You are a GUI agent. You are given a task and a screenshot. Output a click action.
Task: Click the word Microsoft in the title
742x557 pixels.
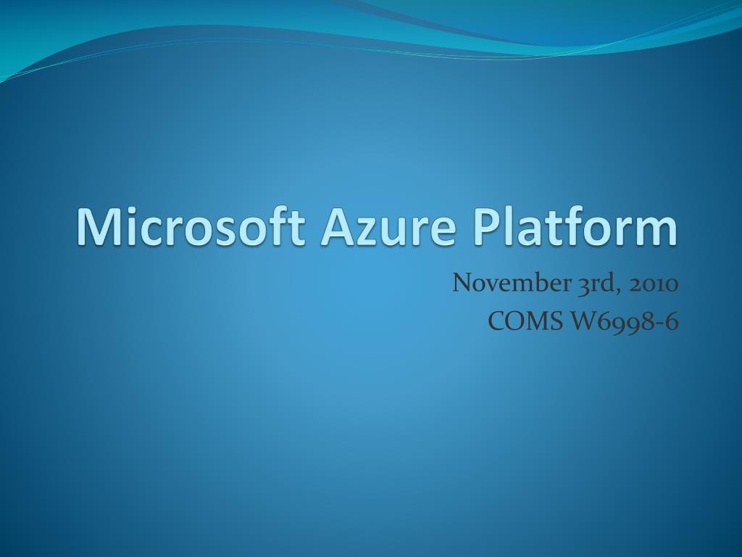(191, 226)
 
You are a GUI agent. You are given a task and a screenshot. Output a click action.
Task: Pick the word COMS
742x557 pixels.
(525, 321)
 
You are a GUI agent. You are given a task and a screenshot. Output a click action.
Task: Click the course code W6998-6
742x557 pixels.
(624, 321)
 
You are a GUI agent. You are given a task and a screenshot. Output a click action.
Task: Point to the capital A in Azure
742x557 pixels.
(338, 227)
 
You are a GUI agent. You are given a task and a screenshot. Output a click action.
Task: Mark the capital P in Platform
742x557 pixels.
(488, 227)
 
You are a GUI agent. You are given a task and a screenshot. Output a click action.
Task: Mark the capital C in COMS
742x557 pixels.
(497, 321)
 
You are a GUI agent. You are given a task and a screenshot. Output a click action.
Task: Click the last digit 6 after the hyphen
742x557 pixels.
(671, 321)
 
